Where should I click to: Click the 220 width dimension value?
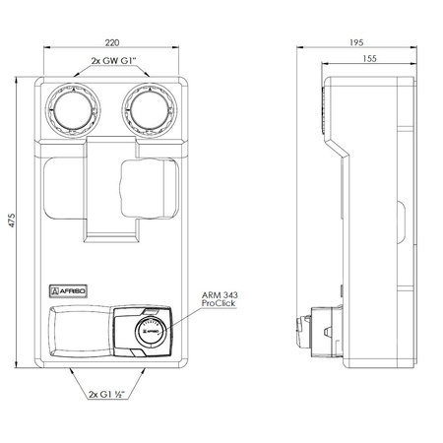112,42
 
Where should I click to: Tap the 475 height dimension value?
12,221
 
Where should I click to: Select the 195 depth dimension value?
356,42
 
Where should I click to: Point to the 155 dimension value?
369,59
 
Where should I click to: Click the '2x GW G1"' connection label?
113,61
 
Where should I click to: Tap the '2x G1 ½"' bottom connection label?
106,394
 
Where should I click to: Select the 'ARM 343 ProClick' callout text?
220,299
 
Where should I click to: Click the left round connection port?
74,110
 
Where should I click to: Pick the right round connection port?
150,110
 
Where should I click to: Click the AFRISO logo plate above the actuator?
68,291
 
